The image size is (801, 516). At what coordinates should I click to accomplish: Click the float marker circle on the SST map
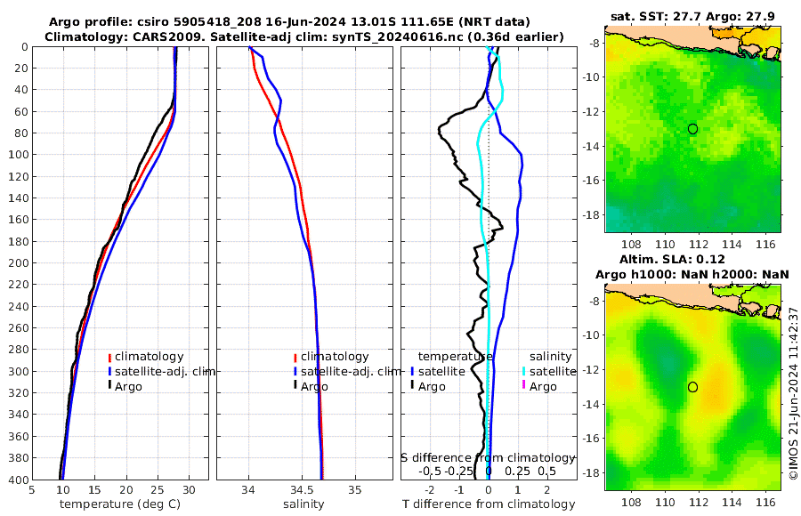click(x=692, y=129)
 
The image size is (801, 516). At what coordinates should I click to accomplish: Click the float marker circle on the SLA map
click(x=692, y=387)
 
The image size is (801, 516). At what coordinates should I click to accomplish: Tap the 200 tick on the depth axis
click(x=17, y=263)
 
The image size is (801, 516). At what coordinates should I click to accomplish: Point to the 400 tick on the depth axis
click(x=17, y=480)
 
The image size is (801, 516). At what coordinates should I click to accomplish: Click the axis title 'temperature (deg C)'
click(x=121, y=504)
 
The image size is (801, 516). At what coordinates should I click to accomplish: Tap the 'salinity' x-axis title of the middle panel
click(x=303, y=504)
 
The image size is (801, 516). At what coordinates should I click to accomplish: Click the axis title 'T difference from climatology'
click(x=489, y=504)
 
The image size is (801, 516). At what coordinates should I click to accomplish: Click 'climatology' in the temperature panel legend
click(x=149, y=356)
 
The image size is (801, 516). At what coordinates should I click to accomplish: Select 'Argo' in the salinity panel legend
click(x=313, y=386)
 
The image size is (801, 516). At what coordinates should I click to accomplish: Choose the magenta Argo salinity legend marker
click(x=524, y=386)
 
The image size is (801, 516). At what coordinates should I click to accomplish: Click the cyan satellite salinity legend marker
click(x=524, y=371)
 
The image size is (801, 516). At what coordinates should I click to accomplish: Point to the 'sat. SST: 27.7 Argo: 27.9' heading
click(x=692, y=16)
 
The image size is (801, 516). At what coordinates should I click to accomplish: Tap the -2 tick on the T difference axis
click(x=431, y=489)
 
